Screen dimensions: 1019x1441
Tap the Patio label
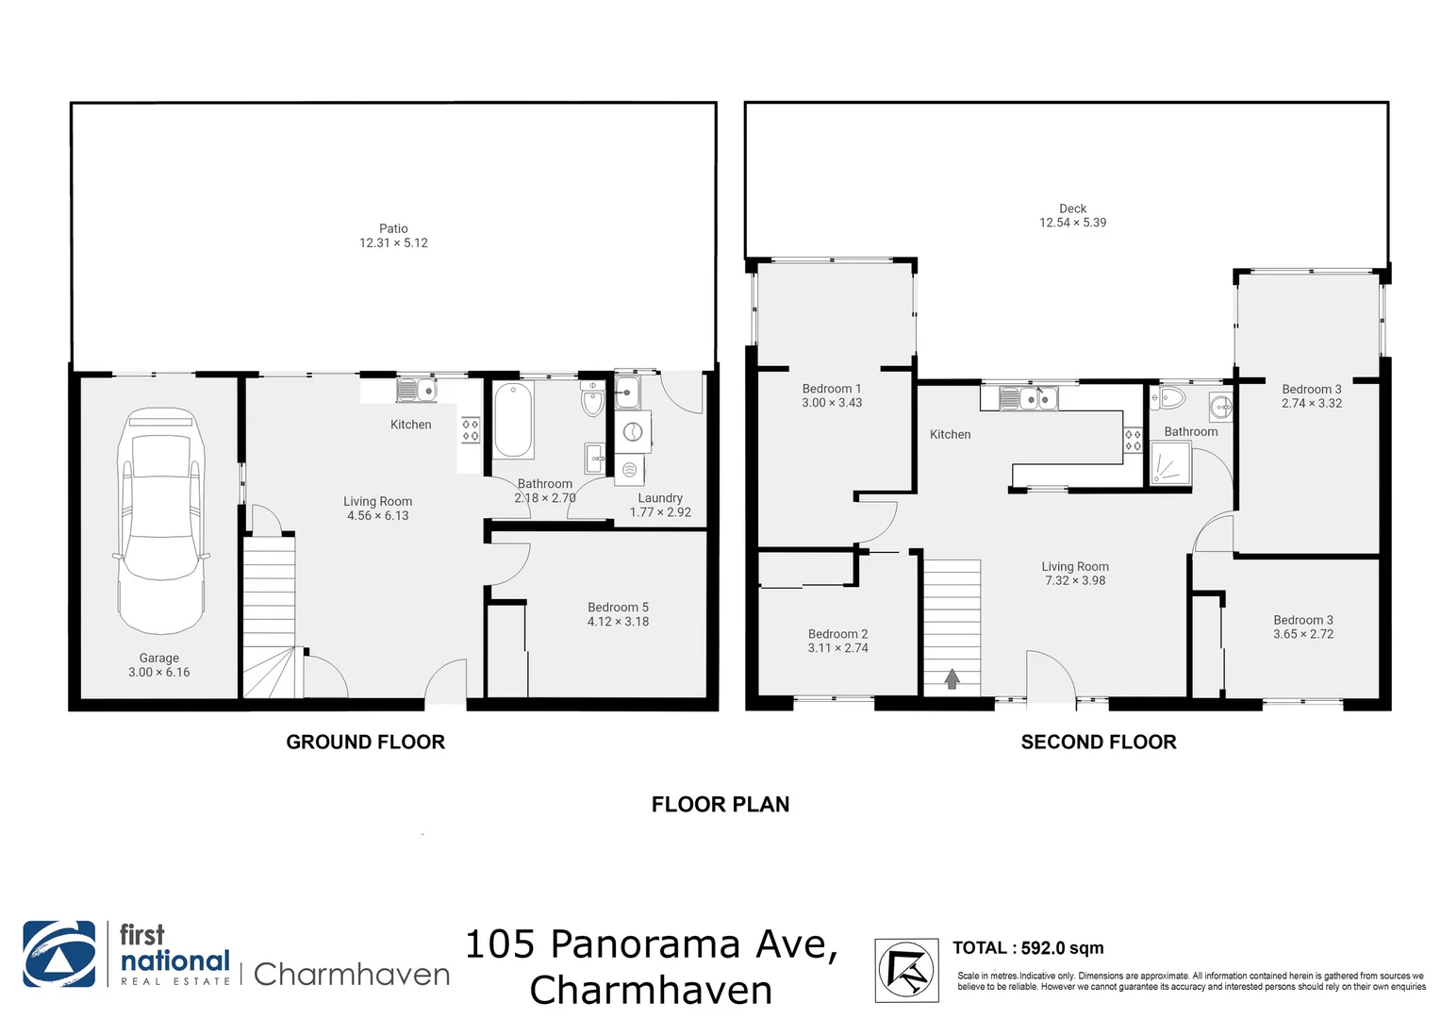tap(393, 228)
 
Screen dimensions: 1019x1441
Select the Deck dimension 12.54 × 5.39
tap(1072, 223)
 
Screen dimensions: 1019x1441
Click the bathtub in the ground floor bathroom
tap(513, 420)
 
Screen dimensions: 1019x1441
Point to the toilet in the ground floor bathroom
tap(592, 399)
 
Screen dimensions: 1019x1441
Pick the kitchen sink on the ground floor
tap(415, 389)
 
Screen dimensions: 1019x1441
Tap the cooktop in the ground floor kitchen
tap(470, 430)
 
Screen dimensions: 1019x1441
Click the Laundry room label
tap(659, 498)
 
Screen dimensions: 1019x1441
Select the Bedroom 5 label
tap(618, 608)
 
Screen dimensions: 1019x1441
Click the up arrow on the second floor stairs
tap(952, 677)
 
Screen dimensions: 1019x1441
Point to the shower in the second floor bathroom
tap(1170, 463)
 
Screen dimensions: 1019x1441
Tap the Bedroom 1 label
tap(831, 389)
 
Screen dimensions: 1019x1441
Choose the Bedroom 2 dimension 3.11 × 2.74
tap(837, 648)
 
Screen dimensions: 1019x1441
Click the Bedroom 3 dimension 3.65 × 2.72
tap(1302, 634)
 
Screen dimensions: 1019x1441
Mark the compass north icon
tap(905, 969)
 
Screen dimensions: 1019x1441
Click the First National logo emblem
tap(58, 954)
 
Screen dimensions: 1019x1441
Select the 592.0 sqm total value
tap(1062, 948)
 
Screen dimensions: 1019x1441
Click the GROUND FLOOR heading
tap(365, 743)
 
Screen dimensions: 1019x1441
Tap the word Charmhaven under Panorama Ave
tap(651, 990)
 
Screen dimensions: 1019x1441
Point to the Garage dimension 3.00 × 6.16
tap(158, 673)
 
